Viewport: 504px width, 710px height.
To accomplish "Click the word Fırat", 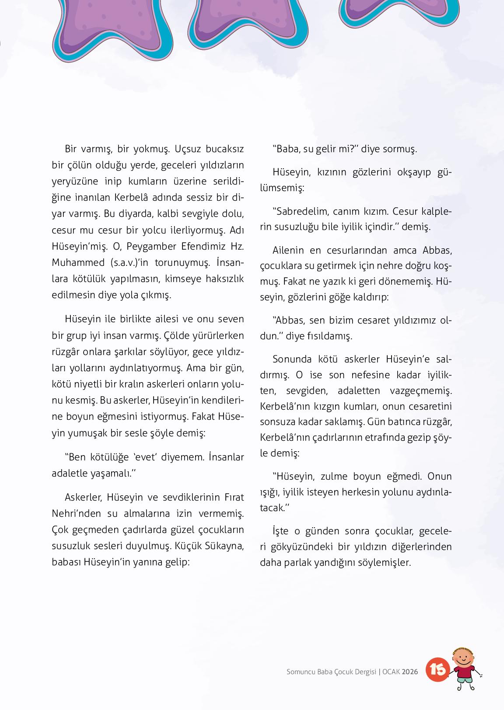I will tap(234, 498).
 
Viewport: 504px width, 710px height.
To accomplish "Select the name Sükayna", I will tap(225, 546).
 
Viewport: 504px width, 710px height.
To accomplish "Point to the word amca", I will tap(405, 251).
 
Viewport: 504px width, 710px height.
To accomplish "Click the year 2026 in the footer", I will tap(410, 672).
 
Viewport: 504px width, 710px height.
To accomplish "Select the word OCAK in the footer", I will tap(391, 672).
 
